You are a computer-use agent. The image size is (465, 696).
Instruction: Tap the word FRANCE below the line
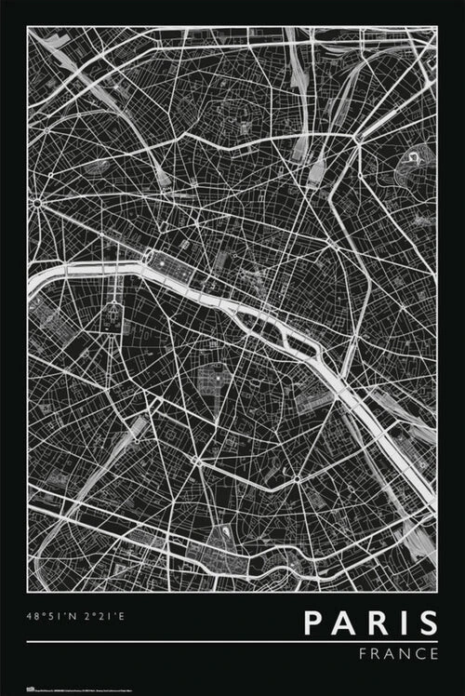[x=398, y=654]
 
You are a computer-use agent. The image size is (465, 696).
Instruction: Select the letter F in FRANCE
[x=363, y=654]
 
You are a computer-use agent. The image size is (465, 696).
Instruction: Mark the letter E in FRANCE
[x=433, y=654]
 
